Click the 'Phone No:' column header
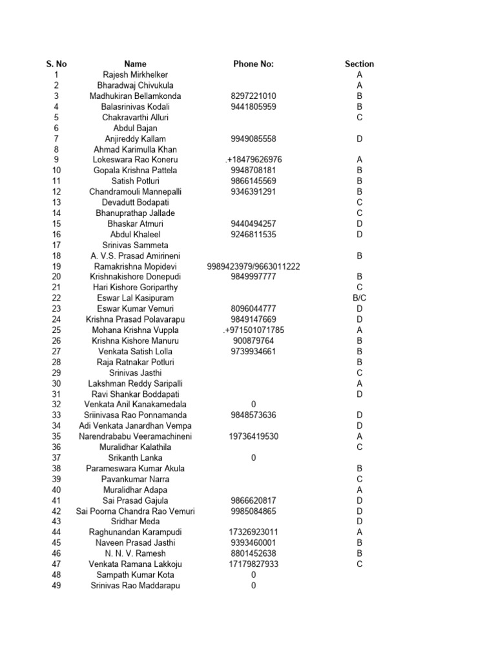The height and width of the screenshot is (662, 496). (253, 64)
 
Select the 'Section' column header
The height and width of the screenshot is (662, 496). (359, 64)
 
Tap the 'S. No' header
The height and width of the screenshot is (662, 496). (56, 64)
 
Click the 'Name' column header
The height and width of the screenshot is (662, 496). (135, 64)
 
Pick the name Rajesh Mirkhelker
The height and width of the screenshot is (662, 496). (135, 75)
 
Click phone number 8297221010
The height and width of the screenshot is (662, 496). (253, 96)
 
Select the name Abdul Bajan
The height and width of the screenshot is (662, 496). (135, 128)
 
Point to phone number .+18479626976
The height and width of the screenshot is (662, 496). (253, 160)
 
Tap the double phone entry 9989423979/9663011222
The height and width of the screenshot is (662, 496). (253, 266)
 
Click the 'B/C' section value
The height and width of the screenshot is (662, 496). (359, 298)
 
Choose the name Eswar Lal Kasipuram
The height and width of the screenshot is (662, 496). (135, 298)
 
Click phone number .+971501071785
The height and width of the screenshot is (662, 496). (253, 330)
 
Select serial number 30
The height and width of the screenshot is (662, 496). (56, 383)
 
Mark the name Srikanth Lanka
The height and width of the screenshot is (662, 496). (135, 458)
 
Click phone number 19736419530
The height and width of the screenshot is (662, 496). (253, 436)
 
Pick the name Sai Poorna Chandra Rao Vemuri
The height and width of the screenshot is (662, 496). (135, 511)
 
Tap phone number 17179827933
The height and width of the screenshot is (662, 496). (253, 564)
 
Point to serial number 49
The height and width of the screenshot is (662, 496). (56, 586)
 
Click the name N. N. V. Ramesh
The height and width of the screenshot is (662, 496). (135, 553)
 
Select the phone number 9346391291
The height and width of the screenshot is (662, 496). (253, 192)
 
